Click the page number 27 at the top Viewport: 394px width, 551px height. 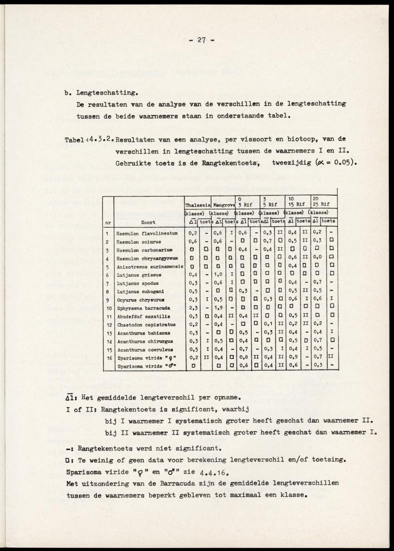tap(201, 40)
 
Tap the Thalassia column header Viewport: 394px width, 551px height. tap(198, 205)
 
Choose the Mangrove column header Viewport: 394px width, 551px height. tap(224, 205)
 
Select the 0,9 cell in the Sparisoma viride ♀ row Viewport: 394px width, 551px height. tap(293, 358)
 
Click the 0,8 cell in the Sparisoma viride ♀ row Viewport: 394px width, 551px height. tap(243, 358)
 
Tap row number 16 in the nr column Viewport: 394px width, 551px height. tap(107, 358)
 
